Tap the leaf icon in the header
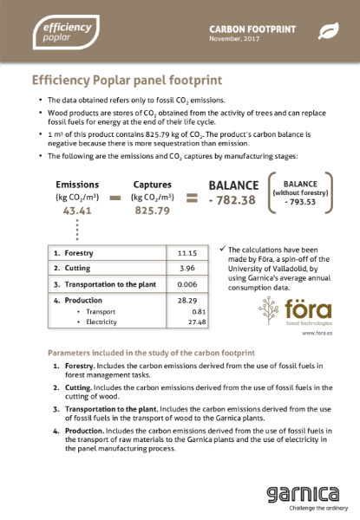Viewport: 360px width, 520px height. pyautogui.click(x=330, y=31)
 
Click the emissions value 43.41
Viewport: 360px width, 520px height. pyautogui.click(x=76, y=211)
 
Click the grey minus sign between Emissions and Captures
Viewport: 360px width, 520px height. pyautogui.click(x=114, y=198)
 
